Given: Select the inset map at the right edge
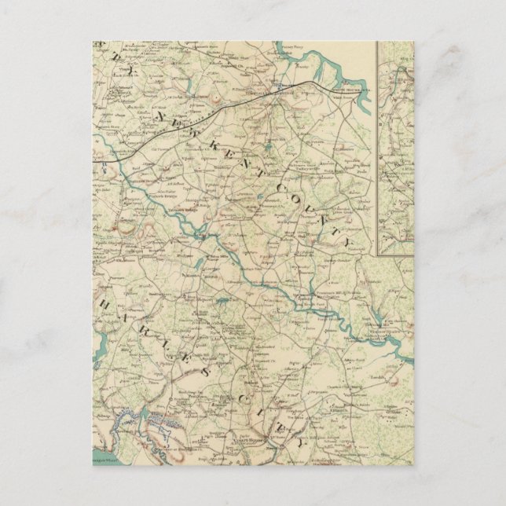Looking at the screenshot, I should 395,149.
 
